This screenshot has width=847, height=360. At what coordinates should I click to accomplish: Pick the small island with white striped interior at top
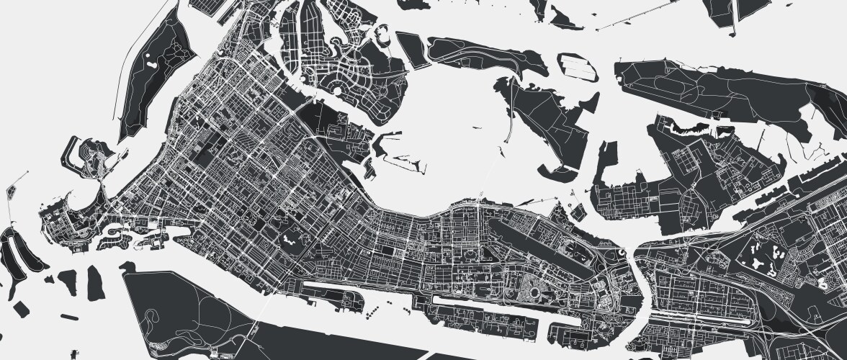point(577,67)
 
